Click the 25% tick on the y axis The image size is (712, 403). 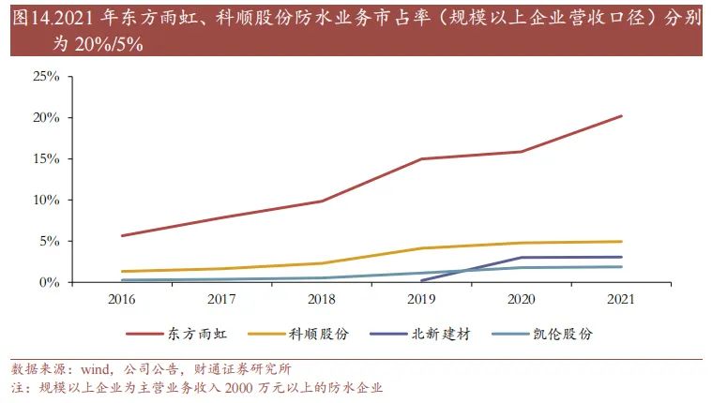click(x=46, y=76)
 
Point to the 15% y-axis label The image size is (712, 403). click(x=46, y=158)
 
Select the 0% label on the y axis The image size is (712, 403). click(x=50, y=282)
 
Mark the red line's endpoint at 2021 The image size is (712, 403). click(x=621, y=116)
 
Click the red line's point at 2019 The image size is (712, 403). click(x=422, y=158)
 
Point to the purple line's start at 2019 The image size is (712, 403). click(x=422, y=280)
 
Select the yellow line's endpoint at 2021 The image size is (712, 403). click(x=621, y=242)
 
